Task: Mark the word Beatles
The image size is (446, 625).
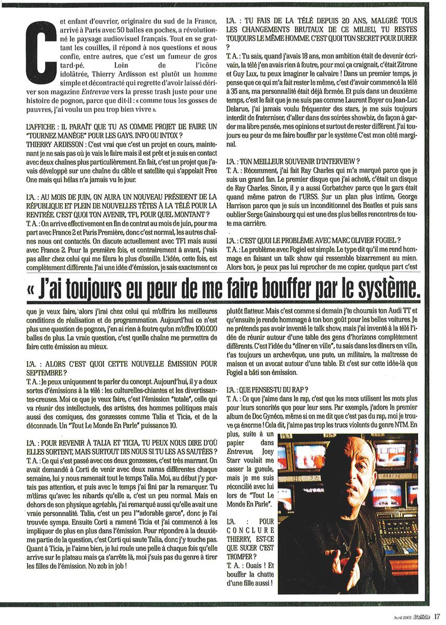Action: click(358, 211)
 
